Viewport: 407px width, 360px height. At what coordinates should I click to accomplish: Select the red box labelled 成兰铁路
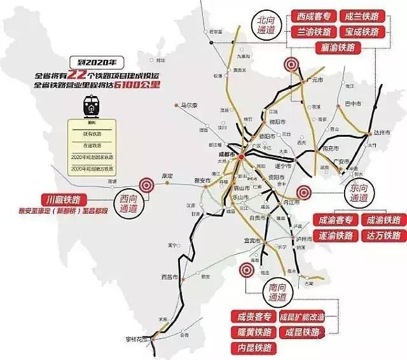coord(359,16)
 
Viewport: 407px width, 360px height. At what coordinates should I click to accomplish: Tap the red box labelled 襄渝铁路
coord(336,47)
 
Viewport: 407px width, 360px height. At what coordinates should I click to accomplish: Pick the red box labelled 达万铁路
coord(381,235)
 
